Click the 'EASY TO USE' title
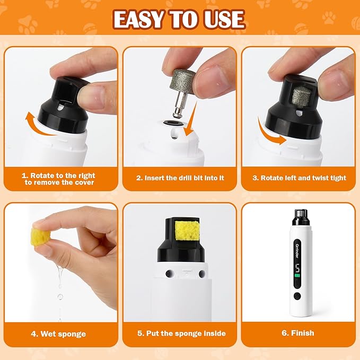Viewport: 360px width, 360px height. coord(179,20)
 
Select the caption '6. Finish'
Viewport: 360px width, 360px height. coord(298,333)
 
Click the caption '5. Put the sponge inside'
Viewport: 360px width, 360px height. coord(180,333)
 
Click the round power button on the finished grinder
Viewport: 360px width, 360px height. coord(297,296)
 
